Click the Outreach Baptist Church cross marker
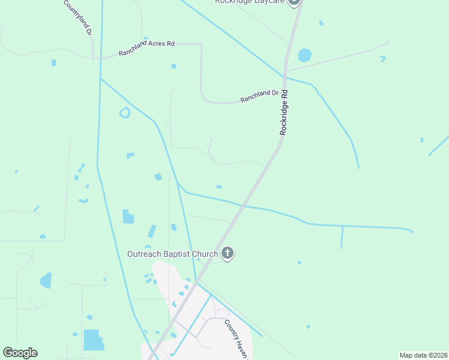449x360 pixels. [228, 253]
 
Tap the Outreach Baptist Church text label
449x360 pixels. [172, 254]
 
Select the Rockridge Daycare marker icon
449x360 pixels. [294, 2]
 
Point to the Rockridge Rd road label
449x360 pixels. [285, 112]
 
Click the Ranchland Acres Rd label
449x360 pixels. [146, 48]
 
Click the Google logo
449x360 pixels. [20, 353]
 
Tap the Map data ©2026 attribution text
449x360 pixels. [424, 355]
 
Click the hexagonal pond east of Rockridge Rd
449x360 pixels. [305, 55]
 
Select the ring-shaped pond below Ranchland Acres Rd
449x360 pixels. [125, 112]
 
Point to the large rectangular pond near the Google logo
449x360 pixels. [93, 340]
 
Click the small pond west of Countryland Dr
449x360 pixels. [54, 62]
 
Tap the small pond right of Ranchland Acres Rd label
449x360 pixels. [173, 66]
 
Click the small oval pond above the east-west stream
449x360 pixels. [219, 187]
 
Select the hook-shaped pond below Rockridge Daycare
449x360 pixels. [382, 59]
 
